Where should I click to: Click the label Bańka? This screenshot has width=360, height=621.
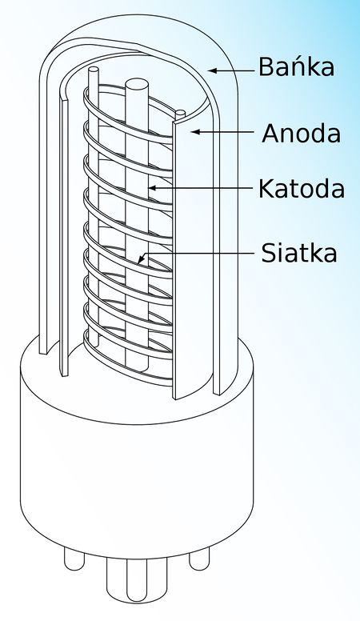[296, 66]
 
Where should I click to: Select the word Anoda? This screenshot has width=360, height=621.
[302, 133]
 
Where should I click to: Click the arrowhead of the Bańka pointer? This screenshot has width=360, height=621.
[213, 70]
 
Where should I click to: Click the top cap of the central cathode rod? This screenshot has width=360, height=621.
[137, 84]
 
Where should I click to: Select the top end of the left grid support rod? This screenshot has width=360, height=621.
[94, 70]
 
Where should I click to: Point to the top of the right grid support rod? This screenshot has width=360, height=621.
[180, 113]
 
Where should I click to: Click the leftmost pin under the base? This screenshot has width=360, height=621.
[74, 560]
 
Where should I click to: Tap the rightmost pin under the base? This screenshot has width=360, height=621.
[199, 560]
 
